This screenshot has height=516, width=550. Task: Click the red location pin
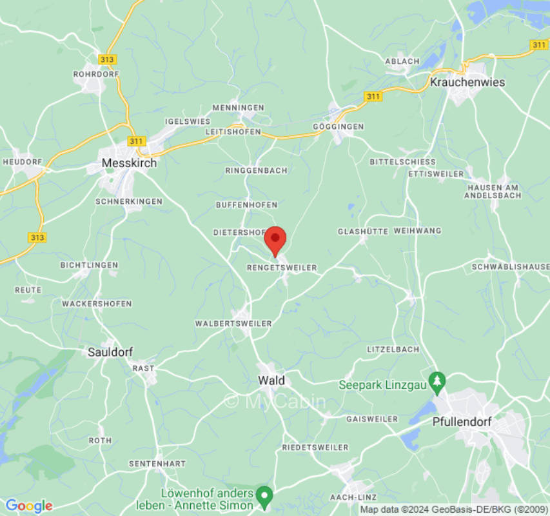(276, 241)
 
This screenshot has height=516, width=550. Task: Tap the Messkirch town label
(129, 164)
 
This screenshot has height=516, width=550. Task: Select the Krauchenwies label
(467, 83)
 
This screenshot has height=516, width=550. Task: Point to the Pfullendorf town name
(462, 422)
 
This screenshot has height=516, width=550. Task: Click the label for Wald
(271, 381)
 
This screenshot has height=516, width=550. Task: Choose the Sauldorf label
(111, 352)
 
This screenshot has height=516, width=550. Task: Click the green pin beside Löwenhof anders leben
(264, 496)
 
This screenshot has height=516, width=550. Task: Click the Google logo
(28, 506)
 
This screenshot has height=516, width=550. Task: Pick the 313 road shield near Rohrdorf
(108, 59)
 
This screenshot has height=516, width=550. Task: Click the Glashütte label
(363, 231)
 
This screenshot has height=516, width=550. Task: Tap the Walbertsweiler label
(233, 323)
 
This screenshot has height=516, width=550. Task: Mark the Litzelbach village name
(393, 349)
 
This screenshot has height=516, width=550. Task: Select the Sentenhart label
(157, 464)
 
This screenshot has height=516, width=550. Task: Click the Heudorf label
(23, 161)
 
